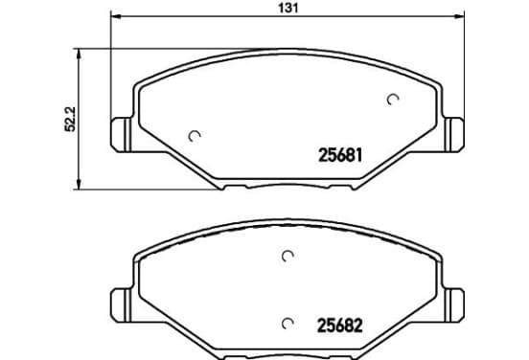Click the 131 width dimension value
pos(288,8)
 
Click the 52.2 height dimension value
pos(71,119)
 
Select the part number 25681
pos(340,155)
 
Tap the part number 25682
pos(340,326)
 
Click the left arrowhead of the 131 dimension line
pos(115,16)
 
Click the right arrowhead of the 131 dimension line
pos(459,16)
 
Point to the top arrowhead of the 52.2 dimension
pos(79,54)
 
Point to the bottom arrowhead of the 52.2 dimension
pos(79,185)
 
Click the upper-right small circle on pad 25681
pos(393,100)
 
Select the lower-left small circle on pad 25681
pos(195,136)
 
